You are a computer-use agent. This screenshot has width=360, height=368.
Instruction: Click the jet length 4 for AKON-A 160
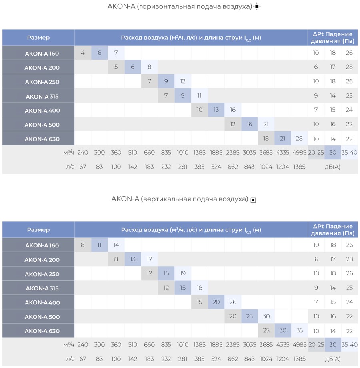click(x=83, y=53)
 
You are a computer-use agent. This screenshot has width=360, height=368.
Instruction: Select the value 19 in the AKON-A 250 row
click(x=182, y=273)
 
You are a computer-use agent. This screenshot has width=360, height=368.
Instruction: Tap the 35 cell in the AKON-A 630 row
click(x=299, y=330)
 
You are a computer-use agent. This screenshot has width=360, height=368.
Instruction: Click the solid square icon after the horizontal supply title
click(x=257, y=6)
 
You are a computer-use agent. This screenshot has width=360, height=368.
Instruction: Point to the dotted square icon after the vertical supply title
click(x=253, y=200)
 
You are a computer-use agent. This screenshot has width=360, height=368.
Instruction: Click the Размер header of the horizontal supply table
click(x=38, y=38)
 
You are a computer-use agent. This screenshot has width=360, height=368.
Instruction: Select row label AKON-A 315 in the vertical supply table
click(x=42, y=288)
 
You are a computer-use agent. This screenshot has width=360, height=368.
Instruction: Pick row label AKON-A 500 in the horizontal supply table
click(x=42, y=125)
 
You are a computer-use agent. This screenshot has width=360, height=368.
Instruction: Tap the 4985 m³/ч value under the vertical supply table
click(x=299, y=344)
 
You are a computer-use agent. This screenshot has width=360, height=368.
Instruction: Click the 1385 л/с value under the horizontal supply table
click(x=299, y=167)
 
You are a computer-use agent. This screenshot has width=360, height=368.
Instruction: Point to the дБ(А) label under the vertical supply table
click(x=332, y=359)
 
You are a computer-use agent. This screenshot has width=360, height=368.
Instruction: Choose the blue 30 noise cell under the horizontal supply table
click(x=332, y=152)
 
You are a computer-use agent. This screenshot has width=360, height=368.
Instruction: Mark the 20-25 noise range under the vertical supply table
click(x=316, y=344)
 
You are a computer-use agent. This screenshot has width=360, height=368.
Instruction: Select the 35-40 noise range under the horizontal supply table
click(x=349, y=152)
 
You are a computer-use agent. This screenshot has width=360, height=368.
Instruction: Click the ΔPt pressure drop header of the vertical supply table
click(x=332, y=230)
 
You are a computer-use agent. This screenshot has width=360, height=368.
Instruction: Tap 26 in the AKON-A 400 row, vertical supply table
click(x=233, y=302)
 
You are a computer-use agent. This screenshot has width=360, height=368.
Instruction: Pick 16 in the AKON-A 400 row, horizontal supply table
click(x=233, y=110)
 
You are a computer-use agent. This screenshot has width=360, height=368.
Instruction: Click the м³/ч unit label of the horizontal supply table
click(x=69, y=153)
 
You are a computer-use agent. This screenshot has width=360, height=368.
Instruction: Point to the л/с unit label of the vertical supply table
click(x=70, y=359)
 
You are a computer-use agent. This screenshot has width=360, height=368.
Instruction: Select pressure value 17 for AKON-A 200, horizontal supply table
click(x=332, y=67)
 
